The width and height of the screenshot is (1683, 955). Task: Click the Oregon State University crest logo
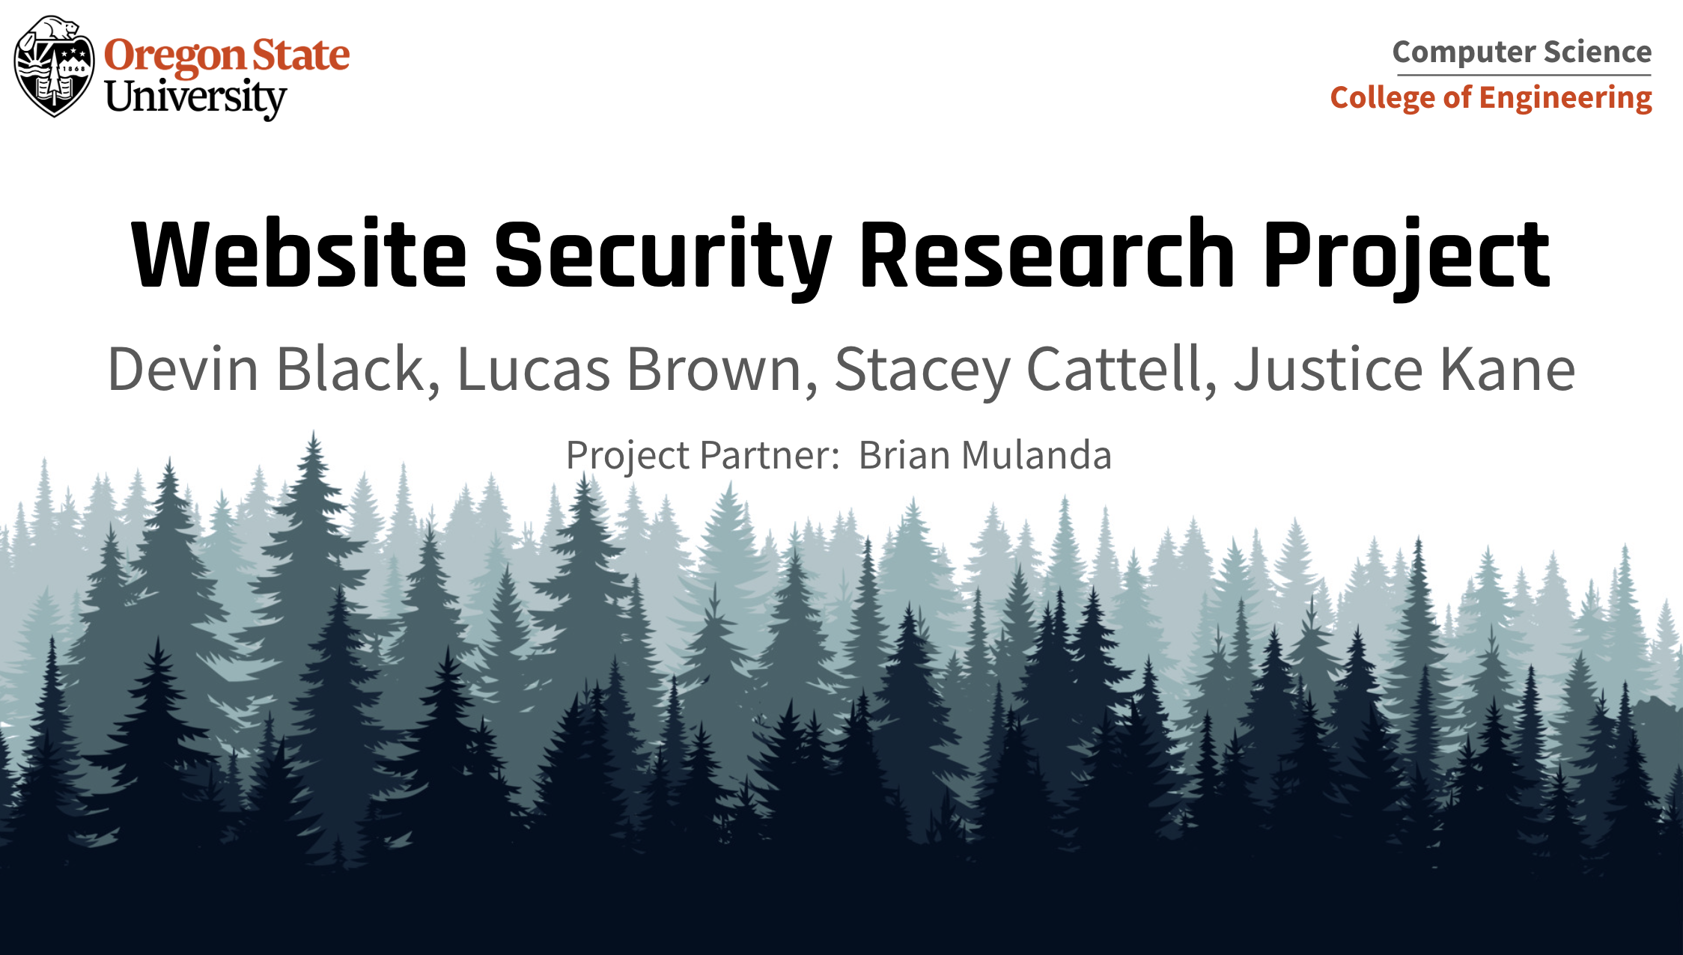pos(55,67)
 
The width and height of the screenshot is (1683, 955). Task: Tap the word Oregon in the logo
pos(174,57)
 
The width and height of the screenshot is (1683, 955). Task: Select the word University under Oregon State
pos(195,98)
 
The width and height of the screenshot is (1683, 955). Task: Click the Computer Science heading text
pos(1522,52)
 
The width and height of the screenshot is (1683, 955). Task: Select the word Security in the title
pos(663,258)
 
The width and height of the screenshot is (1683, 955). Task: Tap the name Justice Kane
pos(1404,369)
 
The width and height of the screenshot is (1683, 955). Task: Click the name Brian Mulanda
pos(985,455)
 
